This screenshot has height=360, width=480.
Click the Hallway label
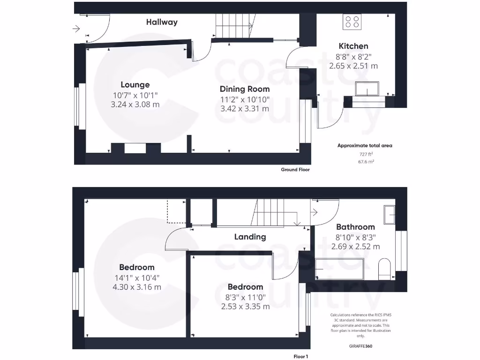162,22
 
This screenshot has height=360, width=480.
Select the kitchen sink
368,89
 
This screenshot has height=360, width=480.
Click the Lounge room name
135,85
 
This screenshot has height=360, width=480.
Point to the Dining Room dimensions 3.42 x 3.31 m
245,108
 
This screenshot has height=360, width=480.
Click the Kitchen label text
353,46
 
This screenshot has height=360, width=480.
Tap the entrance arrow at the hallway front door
76,29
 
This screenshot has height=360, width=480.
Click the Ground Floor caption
295,170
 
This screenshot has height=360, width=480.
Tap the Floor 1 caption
301,356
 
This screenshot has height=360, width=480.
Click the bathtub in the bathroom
340,268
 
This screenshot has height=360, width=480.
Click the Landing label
250,237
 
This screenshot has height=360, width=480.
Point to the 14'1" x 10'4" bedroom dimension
136,277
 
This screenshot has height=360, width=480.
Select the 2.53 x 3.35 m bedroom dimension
245,307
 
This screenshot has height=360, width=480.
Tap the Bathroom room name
355,227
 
